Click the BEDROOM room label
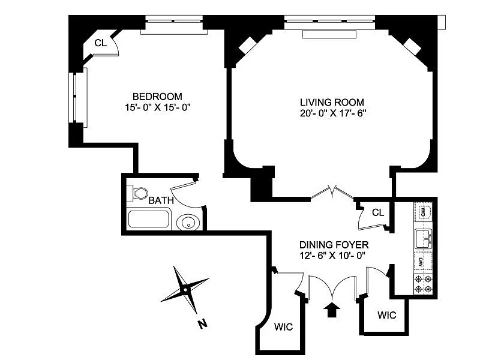(157, 97)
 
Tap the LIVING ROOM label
(332, 102)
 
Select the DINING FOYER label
(334, 245)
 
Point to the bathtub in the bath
(149, 218)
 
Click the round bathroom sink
(188, 223)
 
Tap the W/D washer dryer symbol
(423, 211)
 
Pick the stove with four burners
(423, 284)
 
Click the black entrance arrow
(332, 310)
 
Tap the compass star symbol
(185, 290)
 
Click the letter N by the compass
(202, 323)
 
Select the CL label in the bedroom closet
(101, 43)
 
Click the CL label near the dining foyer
(378, 212)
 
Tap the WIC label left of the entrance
(283, 327)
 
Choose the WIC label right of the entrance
(386, 315)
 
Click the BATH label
(161, 201)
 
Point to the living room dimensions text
(334, 113)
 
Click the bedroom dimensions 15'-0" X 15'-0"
(158, 108)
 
